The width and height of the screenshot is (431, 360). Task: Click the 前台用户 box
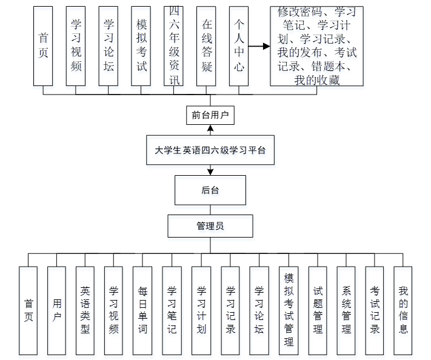210,115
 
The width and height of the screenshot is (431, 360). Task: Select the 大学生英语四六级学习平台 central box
210,151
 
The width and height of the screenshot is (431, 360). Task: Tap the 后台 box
210,190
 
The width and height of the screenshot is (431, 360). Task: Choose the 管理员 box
210,226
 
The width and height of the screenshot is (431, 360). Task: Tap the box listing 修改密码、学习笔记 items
316,46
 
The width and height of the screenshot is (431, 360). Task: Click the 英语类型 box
85,310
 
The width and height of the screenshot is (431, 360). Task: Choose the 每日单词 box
142,310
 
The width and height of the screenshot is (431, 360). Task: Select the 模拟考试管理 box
289,310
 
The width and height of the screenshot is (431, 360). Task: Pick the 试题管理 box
318,310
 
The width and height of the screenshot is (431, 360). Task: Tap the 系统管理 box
346,310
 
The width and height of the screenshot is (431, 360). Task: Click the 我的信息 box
403,310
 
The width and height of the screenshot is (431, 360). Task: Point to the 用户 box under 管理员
56,310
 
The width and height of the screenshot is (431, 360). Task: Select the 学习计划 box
201,310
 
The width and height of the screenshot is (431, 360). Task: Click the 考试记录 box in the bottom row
375,310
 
